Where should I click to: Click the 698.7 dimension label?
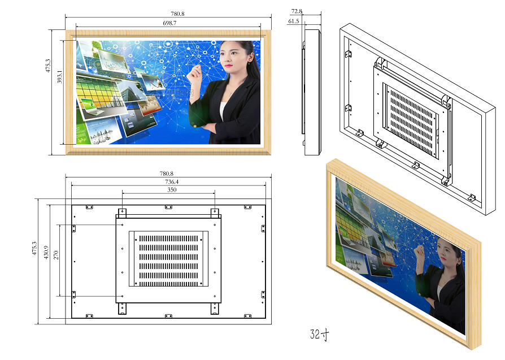169,23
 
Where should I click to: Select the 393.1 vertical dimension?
59,77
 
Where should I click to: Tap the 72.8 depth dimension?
297,11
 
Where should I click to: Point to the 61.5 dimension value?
293,21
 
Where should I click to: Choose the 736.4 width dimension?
172,182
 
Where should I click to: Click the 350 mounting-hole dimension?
172,190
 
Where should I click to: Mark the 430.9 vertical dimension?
46,253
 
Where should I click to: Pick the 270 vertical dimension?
56,255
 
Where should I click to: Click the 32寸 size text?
320,335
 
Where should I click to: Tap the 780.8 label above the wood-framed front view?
177,14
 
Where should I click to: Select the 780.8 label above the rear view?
167,174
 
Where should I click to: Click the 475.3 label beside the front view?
48,66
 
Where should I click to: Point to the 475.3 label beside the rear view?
34,248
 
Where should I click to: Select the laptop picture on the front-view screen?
92,106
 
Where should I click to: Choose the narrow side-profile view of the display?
311,92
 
